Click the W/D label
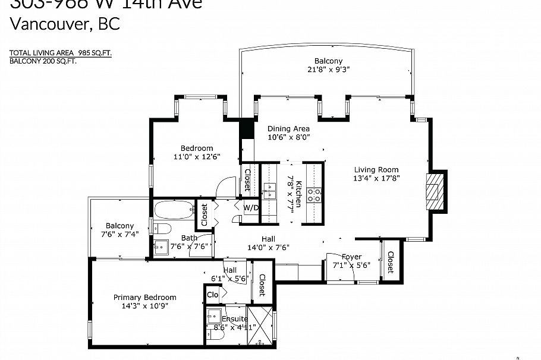[x=251, y=208]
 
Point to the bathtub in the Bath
[x=174, y=209]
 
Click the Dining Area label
[x=288, y=129]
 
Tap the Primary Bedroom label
[x=145, y=298]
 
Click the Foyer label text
[x=352, y=257]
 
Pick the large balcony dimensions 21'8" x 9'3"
[x=328, y=69]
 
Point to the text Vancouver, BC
[x=65, y=24]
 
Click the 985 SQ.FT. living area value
[x=95, y=52]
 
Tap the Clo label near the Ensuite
[x=212, y=295]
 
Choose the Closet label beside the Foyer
[x=390, y=262]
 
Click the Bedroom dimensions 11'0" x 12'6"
[x=196, y=157]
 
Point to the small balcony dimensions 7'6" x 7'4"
[x=119, y=235]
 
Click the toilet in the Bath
[x=163, y=229]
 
